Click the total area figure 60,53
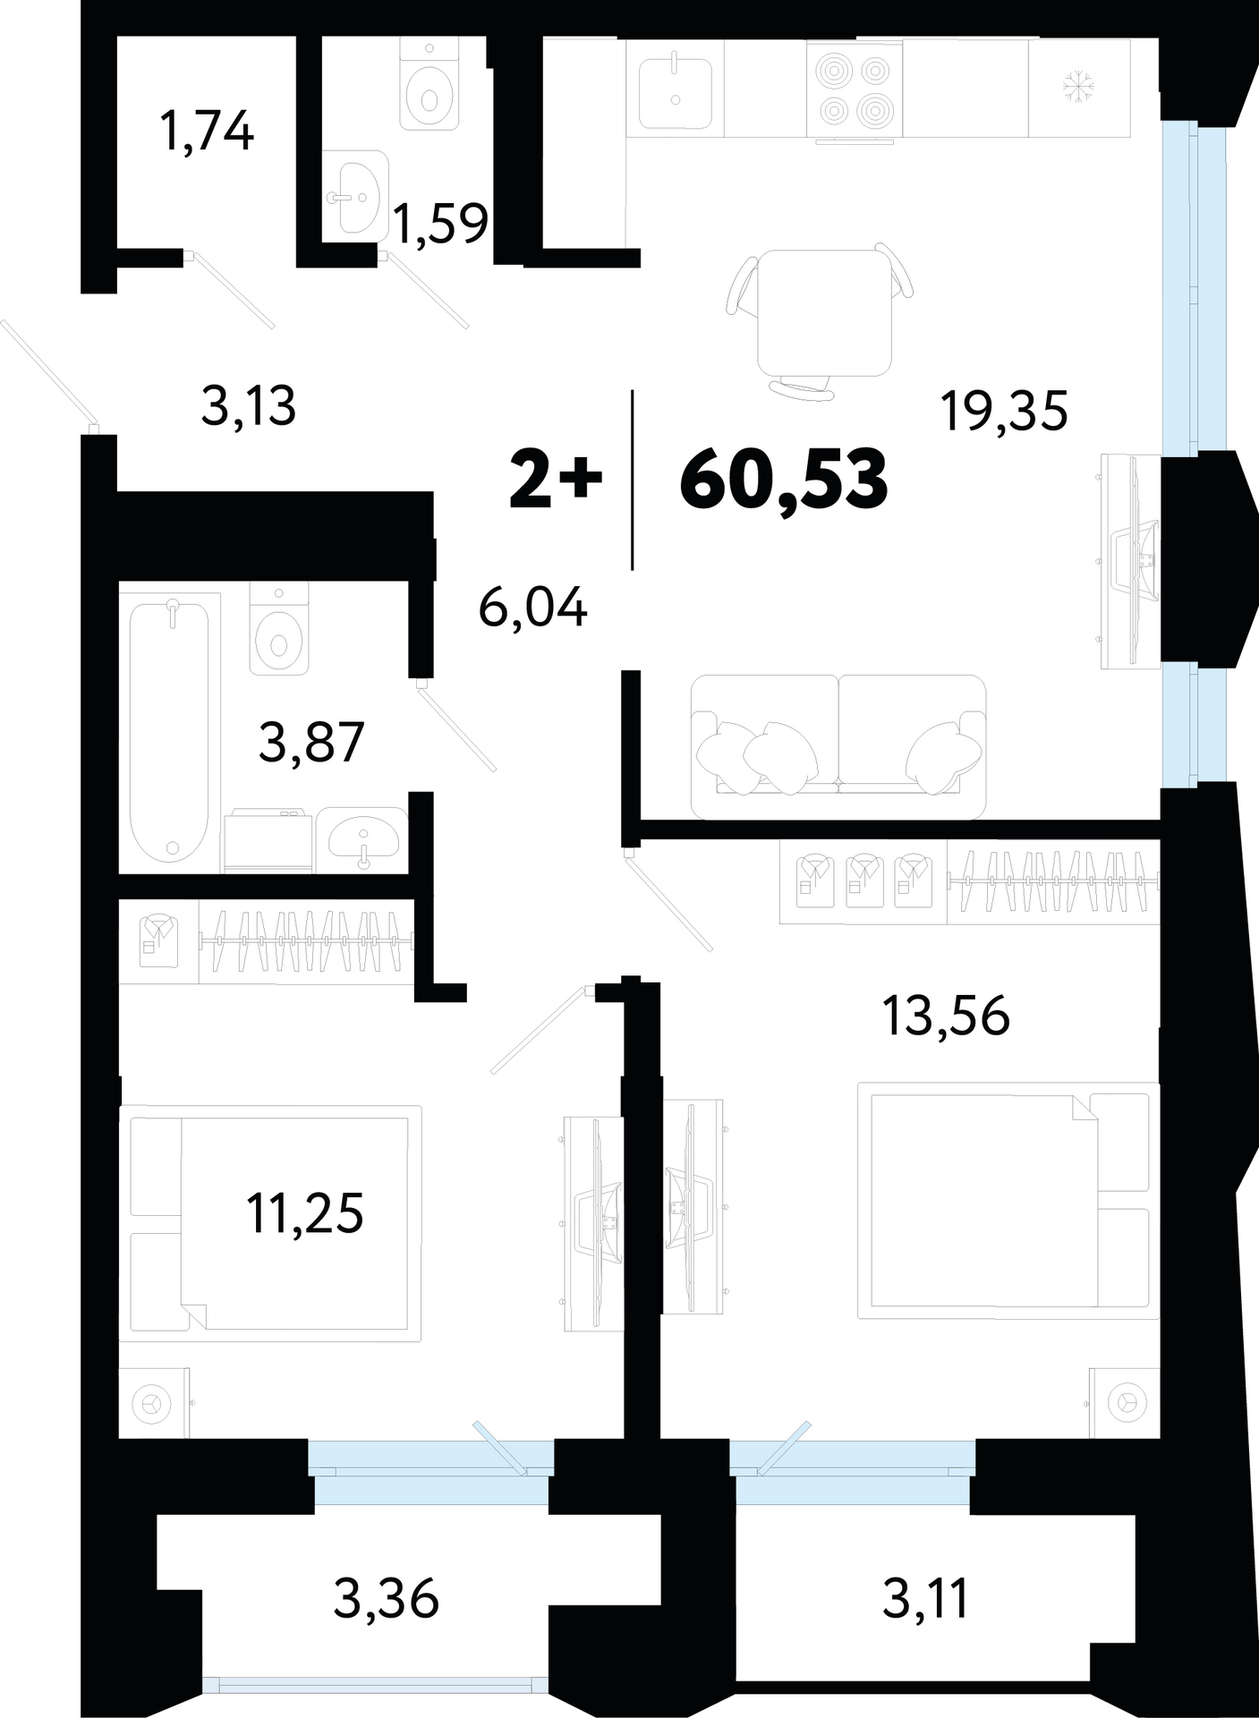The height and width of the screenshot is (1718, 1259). click(784, 481)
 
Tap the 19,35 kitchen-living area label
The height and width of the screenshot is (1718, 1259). click(1004, 412)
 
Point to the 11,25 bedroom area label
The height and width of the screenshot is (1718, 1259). click(305, 1214)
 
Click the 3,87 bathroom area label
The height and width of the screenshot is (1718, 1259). click(311, 743)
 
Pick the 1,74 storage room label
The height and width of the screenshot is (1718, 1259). click(207, 131)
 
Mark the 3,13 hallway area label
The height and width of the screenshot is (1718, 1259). click(249, 406)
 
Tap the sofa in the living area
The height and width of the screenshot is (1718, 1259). click(838, 747)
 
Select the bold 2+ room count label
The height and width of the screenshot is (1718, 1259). click(556, 481)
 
